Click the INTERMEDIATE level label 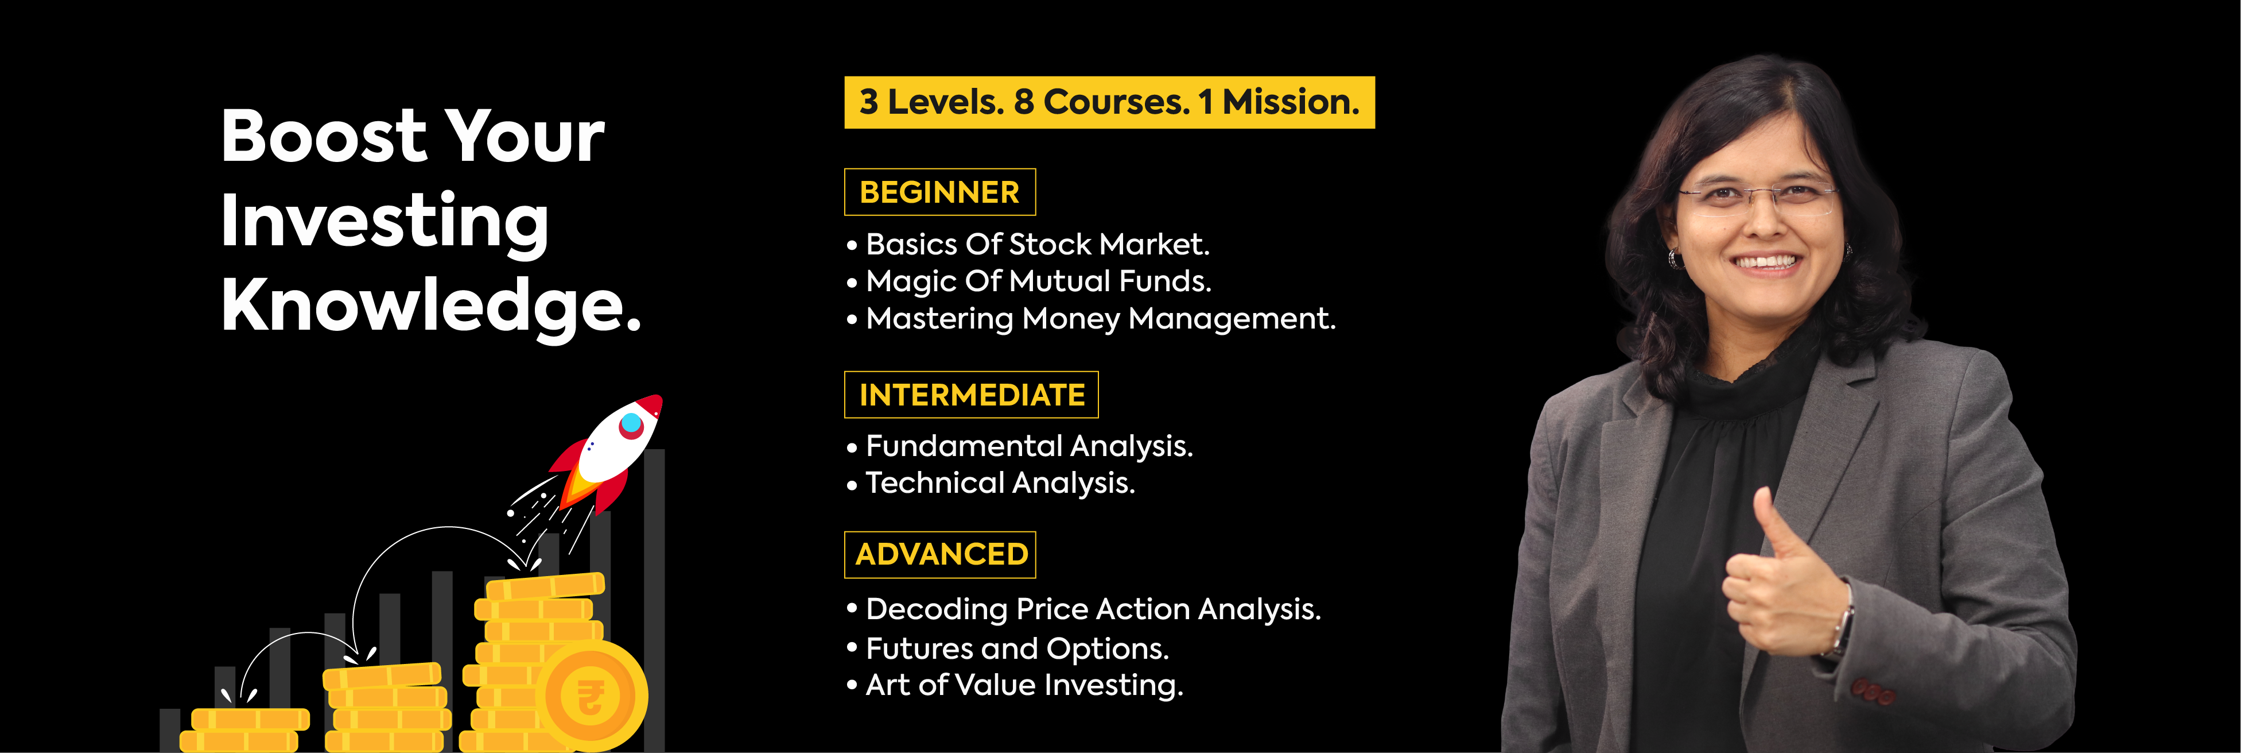(971, 395)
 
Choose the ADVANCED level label (941, 554)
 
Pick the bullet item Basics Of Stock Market (1037, 245)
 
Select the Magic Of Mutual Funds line (1038, 281)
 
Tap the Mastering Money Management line (1101, 319)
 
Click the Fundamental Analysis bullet (1029, 447)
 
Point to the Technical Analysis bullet (1000, 483)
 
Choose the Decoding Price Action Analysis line (1093, 609)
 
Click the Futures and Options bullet (1017, 648)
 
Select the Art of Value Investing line (1024, 685)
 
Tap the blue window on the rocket (631, 424)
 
